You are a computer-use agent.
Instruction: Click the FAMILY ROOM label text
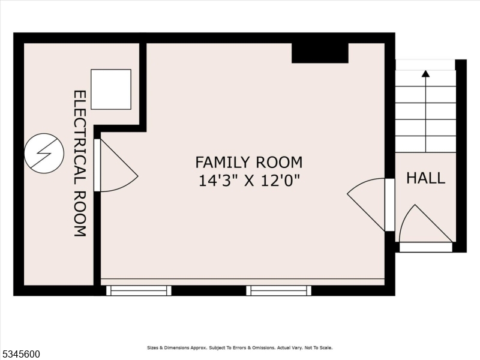[248, 162]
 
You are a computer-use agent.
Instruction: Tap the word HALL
[425, 178]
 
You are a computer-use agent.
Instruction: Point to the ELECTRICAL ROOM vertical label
[80, 163]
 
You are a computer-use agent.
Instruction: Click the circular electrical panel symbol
[44, 154]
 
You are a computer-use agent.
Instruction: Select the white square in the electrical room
[110, 89]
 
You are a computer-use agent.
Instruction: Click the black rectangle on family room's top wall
[320, 53]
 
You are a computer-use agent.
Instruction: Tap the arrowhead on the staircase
[425, 74]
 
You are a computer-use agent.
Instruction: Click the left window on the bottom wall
[139, 291]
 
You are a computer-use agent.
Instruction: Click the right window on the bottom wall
[278, 291]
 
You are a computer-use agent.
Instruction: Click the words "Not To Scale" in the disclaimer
[318, 348]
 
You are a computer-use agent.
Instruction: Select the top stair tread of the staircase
[425, 65]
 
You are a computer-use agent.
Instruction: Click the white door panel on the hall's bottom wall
[425, 247]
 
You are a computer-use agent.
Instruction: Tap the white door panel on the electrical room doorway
[97, 165]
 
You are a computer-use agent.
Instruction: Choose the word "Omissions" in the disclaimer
[261, 348]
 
